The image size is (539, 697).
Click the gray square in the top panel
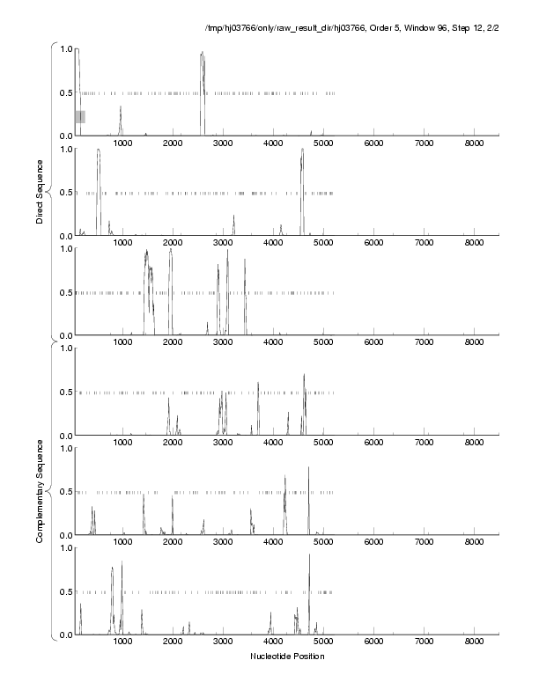tap(80, 116)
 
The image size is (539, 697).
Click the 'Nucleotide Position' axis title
tap(287, 657)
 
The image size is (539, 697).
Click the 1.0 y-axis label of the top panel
tap(64, 48)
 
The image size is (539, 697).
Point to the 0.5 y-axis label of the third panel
tap(64, 292)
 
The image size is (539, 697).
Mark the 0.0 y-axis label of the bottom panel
tap(64, 635)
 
